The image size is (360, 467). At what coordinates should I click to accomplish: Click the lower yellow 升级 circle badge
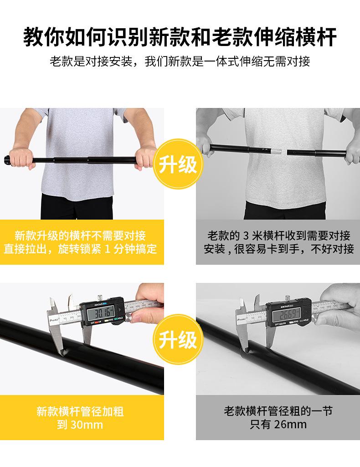tap(179, 340)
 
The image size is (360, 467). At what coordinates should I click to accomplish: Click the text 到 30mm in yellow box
tap(80, 425)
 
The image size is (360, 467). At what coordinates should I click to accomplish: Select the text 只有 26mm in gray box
tap(278, 425)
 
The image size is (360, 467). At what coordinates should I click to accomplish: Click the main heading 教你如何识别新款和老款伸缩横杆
tap(180, 36)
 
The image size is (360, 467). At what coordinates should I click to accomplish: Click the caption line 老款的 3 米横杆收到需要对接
tap(278, 236)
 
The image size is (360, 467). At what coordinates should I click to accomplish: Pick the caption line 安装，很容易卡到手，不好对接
tap(278, 249)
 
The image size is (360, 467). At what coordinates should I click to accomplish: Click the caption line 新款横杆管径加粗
tap(80, 412)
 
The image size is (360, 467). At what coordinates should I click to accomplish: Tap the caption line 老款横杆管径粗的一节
tap(278, 412)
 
